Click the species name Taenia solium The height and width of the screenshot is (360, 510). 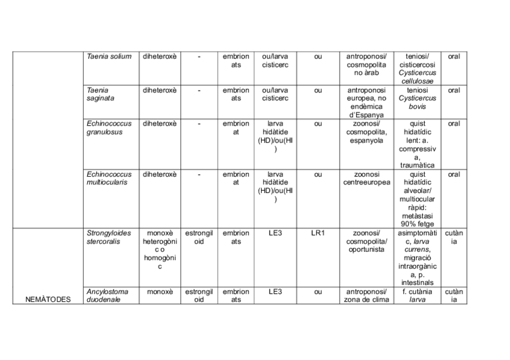(109, 56)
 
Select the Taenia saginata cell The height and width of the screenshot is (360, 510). (100, 94)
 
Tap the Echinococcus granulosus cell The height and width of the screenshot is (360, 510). (109, 127)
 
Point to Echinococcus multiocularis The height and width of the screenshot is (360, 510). (109, 178)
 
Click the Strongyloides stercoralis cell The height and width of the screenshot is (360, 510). (108, 237)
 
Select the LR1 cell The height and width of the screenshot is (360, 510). (318, 233)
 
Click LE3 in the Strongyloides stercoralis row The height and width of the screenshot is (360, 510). (275, 233)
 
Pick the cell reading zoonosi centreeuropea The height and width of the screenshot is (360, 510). (366, 178)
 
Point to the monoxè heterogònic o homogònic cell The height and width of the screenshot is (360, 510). (159, 249)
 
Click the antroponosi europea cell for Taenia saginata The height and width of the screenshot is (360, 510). (366, 102)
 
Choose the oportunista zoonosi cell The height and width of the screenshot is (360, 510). (366, 241)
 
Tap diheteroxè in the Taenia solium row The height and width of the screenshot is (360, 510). (159, 56)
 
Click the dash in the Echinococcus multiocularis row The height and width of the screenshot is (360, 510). (199, 174)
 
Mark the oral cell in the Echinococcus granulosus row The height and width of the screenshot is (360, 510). (453, 123)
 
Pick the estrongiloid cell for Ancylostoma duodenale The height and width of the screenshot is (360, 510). (198, 296)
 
